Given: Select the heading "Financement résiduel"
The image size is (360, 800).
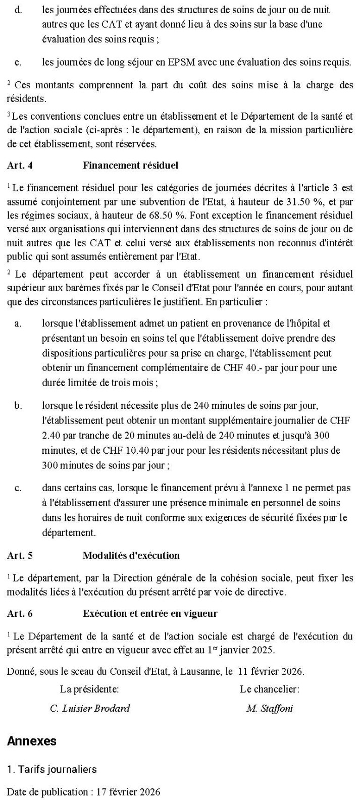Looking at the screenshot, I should (x=130, y=166).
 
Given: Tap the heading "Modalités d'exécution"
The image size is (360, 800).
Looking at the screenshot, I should (x=131, y=556).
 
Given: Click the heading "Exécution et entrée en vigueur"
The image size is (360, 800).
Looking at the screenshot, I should (x=150, y=614).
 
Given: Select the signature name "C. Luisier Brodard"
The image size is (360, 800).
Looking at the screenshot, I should (x=90, y=709).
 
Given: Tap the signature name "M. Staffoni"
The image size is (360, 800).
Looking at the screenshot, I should (x=270, y=709).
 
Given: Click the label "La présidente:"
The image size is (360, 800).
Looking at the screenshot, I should (x=89, y=689).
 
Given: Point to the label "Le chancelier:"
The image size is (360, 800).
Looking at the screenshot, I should (x=270, y=689).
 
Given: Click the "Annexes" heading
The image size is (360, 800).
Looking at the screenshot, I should (x=32, y=741).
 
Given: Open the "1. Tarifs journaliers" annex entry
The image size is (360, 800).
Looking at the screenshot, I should (x=52, y=769).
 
